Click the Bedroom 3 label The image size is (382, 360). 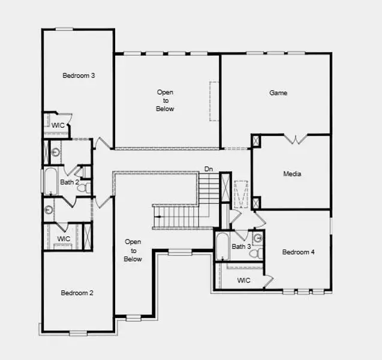[79, 76]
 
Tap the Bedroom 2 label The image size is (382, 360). [77, 293]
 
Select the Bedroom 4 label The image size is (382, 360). [298, 252]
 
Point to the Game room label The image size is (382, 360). [278, 93]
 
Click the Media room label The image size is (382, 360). [292, 174]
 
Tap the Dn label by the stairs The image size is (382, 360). [208, 169]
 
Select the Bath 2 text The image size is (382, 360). [69, 181]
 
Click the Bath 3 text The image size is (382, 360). [241, 247]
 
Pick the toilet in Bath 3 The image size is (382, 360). [257, 254]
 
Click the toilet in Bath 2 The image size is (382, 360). [86, 187]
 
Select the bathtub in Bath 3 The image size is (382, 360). [221, 246]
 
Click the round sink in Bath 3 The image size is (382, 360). [258, 238]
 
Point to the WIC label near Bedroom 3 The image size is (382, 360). [58, 125]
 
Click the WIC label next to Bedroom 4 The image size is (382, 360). [243, 280]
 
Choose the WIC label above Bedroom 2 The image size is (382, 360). [64, 239]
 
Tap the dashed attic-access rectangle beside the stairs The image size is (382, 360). [241, 193]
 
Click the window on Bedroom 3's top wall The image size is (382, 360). [64, 29]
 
